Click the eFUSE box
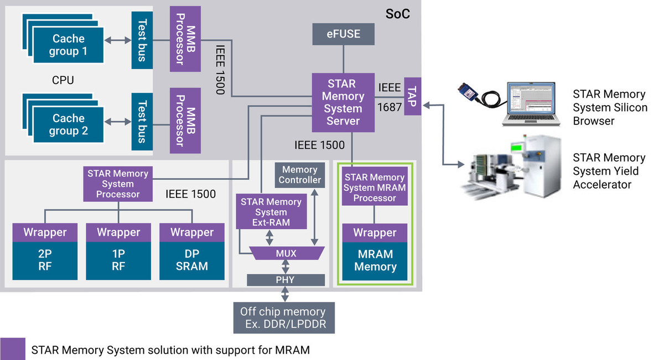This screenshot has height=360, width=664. point(344,34)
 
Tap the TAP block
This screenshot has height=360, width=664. point(413,96)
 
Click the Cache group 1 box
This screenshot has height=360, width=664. point(68,45)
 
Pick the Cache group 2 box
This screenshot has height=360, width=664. point(68,124)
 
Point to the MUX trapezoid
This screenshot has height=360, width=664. point(286,253)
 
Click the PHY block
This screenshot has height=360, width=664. point(286,279)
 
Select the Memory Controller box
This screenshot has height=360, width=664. point(299,175)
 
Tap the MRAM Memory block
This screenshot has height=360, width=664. point(375,260)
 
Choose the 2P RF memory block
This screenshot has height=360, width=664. point(45,260)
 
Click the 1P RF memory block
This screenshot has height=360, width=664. point(118,260)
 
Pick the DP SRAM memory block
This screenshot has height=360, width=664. point(192,260)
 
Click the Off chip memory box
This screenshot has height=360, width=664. point(284,317)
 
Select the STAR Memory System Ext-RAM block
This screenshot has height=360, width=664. point(271,212)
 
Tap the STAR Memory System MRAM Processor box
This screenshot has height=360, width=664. point(375,187)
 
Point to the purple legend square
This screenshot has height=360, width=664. point(13,349)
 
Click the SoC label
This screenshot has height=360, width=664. point(398,14)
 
